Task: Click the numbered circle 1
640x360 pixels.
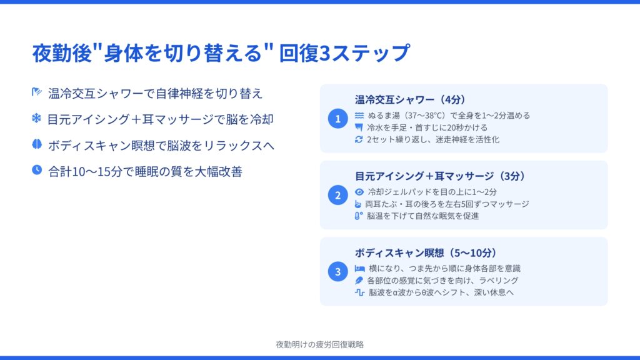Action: pos(337,118)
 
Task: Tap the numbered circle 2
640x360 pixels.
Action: pos(337,195)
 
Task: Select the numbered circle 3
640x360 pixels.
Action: pos(337,271)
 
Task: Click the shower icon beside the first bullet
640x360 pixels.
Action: pos(37,92)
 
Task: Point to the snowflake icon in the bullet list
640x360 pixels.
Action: pos(37,118)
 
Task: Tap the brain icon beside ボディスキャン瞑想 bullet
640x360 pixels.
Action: pos(37,144)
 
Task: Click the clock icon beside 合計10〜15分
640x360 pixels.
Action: pos(37,170)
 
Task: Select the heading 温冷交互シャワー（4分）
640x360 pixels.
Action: pos(410,99)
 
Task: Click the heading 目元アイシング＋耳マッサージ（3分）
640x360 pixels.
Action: pos(440,176)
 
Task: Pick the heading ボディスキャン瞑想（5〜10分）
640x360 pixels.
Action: pos(426,252)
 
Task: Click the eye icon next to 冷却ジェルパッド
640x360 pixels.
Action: pos(359,192)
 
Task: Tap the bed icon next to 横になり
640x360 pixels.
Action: pos(359,268)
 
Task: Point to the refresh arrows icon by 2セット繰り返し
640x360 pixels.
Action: pos(359,139)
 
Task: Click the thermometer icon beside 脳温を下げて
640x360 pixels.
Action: pos(358,216)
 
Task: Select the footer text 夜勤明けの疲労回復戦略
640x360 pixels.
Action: pos(320,344)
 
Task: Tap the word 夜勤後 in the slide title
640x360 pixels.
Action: pos(62,53)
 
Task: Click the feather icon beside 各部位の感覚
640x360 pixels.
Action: pos(359,281)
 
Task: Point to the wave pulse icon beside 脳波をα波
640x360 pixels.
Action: pos(359,292)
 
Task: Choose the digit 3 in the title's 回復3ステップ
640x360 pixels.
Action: pos(324,54)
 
